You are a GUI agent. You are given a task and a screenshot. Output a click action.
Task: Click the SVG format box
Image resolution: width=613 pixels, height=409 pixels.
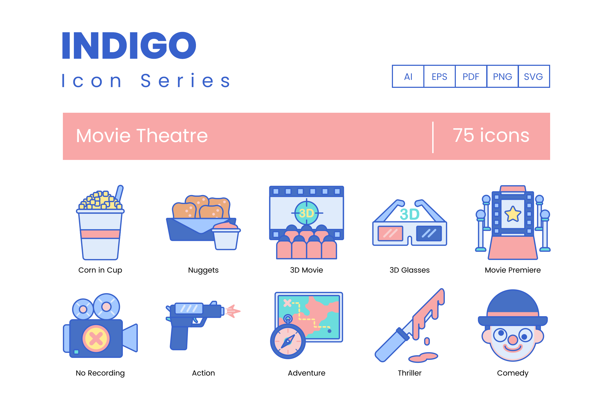pyautogui.click(x=534, y=76)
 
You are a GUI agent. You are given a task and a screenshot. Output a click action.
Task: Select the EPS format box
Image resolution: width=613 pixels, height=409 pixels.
pyautogui.click(x=440, y=76)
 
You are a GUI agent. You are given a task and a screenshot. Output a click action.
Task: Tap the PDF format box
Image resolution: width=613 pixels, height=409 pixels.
pyautogui.click(x=471, y=76)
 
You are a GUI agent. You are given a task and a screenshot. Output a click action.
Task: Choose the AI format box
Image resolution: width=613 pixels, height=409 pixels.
pyautogui.click(x=408, y=76)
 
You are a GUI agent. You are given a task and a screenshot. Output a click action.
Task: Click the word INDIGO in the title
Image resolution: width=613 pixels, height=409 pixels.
pyautogui.click(x=129, y=45)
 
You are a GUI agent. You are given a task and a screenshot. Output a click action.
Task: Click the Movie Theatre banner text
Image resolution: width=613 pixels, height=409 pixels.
pyautogui.click(x=142, y=136)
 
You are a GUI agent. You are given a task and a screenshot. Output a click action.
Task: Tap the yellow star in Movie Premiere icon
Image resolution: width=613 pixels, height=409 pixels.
pyautogui.click(x=513, y=214)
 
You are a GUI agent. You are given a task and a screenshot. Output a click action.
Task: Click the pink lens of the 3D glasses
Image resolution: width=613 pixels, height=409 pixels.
pyautogui.click(x=390, y=233)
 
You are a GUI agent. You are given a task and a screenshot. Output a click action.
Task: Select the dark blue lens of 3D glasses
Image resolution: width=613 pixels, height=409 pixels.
pyautogui.click(x=429, y=233)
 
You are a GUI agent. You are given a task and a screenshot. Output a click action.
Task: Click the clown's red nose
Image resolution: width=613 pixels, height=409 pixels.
pyautogui.click(x=513, y=340)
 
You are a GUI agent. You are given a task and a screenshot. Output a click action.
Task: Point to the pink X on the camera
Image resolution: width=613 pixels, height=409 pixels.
pyautogui.click(x=96, y=339)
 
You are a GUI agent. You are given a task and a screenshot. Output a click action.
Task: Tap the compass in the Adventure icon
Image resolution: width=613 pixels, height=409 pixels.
pyautogui.click(x=288, y=341)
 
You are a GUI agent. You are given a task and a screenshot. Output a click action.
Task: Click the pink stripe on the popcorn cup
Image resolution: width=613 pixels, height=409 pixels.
pyautogui.click(x=100, y=234)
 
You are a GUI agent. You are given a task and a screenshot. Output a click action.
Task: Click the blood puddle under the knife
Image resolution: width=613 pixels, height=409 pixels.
pyautogui.click(x=423, y=357)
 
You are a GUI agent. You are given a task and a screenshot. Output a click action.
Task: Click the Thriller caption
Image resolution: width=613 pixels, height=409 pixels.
pyautogui.click(x=410, y=373)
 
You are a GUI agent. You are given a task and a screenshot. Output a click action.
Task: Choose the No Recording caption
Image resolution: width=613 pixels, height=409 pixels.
pyautogui.click(x=100, y=373)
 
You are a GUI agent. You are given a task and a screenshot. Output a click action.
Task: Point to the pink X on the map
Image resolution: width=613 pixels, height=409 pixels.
pyautogui.click(x=287, y=303)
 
